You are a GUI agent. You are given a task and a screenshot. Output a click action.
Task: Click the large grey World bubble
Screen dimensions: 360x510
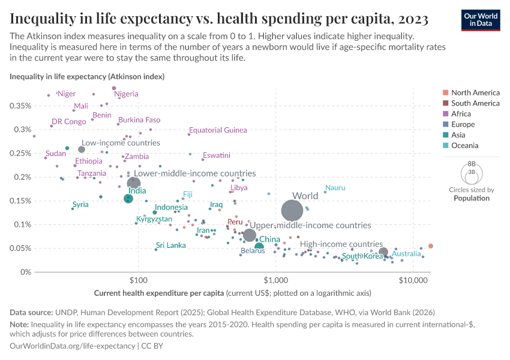click(292, 211)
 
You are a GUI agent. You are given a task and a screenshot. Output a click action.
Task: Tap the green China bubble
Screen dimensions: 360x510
click(259, 247)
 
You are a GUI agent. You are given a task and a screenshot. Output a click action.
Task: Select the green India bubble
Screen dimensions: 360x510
click(128, 199)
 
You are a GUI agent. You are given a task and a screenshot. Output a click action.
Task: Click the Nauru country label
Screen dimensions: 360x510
click(335, 188)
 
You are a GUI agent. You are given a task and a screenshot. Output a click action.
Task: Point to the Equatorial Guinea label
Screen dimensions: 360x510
click(218, 130)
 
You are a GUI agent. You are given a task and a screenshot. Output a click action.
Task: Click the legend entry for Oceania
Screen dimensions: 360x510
click(465, 145)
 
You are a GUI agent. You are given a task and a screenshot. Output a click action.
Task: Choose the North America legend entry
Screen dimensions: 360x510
click(475, 92)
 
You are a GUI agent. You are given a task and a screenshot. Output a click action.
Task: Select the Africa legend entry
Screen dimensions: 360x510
click(461, 113)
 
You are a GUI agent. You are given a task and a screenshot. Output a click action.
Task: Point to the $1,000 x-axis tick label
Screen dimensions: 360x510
click(275, 280)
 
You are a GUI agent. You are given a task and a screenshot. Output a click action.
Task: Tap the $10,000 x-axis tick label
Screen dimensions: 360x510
click(412, 280)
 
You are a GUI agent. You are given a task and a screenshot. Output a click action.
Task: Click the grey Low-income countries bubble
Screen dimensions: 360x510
click(82, 149)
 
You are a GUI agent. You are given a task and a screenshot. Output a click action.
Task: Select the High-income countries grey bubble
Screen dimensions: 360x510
click(383, 252)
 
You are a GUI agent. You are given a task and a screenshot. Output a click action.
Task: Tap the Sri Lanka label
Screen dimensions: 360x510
click(170, 245)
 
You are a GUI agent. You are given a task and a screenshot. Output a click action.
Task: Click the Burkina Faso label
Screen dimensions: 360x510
click(139, 120)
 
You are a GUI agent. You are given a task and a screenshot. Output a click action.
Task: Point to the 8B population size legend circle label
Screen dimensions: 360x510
click(471, 164)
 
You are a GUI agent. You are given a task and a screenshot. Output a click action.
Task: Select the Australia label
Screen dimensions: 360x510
click(406, 254)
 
